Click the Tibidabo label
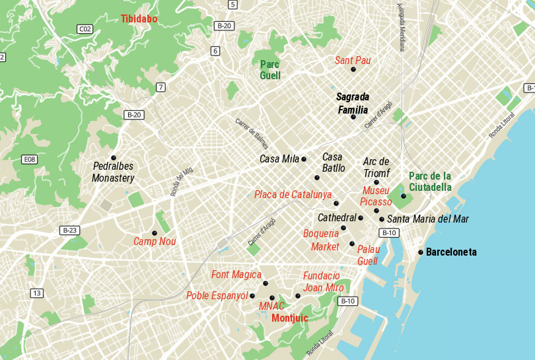pyautogui.click(x=139, y=19)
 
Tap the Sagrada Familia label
pyautogui.click(x=353, y=103)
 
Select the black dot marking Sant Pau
pyautogui.click(x=353, y=69)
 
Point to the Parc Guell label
pyautogui.click(x=270, y=70)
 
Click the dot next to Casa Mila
pyautogui.click(x=304, y=159)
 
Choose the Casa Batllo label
pyautogui.click(x=333, y=162)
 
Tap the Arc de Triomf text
pyautogui.click(x=376, y=167)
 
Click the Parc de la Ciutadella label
pyautogui.click(x=430, y=182)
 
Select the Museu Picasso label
pyautogui.click(x=376, y=196)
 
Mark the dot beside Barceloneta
pyautogui.click(x=421, y=252)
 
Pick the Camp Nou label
pyautogui.click(x=155, y=242)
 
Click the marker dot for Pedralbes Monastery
pyautogui.click(x=114, y=158)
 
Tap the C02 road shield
pyautogui.click(x=85, y=29)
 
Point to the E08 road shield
pyautogui.click(x=29, y=160)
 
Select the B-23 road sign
pyautogui.click(x=69, y=231)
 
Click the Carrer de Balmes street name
pyautogui.click(x=249, y=134)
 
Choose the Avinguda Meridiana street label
pyautogui.click(x=400, y=26)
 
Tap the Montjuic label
pyautogui.click(x=289, y=318)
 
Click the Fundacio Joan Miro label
pyautogui.click(x=323, y=281)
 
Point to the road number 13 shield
pyautogui.click(x=36, y=293)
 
